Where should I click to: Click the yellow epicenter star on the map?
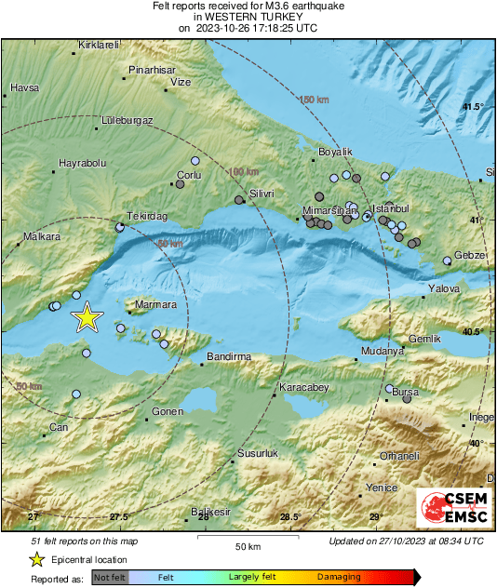[x=87, y=317]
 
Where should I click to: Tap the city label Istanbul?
[x=390, y=207]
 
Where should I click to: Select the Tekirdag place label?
[x=146, y=216]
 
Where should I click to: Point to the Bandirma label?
[x=229, y=356]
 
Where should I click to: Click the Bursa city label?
[x=406, y=394]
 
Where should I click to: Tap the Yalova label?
[x=444, y=289]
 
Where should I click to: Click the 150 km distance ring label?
[x=314, y=100]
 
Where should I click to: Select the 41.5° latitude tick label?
[x=473, y=107]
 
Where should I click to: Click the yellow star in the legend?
[x=36, y=559]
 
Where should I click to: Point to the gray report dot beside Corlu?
[x=180, y=184]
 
